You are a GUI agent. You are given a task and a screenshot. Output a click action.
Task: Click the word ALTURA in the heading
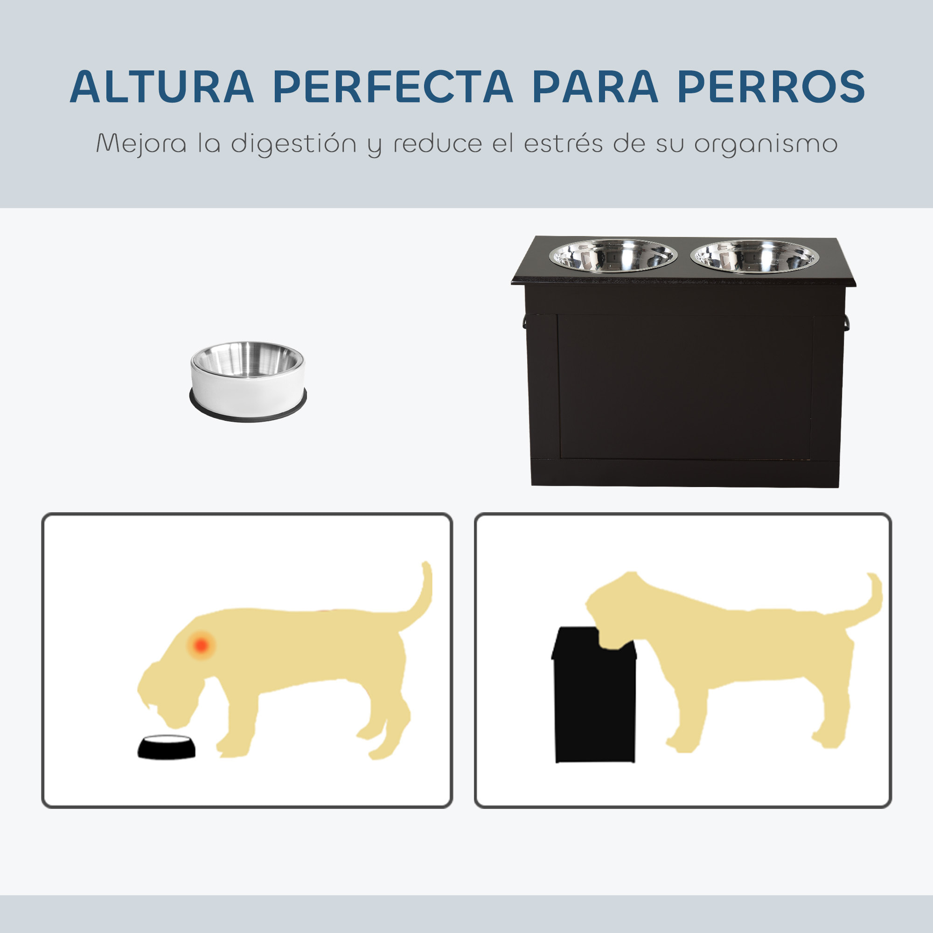162,87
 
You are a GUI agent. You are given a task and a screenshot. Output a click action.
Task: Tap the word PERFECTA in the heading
392,87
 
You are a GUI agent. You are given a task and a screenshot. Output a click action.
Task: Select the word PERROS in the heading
771,87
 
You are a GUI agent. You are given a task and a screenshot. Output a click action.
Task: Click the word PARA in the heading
594,87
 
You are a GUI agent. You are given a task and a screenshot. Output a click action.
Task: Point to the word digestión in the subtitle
293,144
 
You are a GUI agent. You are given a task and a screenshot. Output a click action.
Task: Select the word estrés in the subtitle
563,144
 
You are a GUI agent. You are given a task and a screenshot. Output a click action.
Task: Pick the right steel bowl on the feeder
754,256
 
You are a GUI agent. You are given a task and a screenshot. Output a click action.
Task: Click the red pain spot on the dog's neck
202,645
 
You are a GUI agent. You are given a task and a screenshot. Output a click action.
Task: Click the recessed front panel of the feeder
684,386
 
